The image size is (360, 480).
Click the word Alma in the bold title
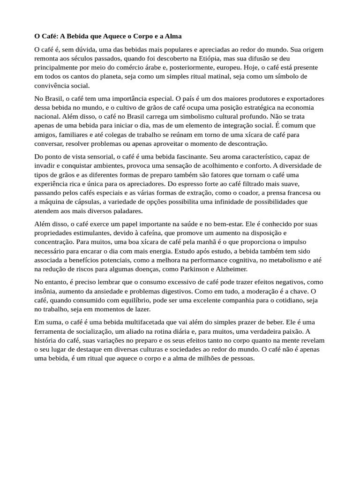pyautogui.click(x=172, y=36)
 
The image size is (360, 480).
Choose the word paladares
pyautogui.click(x=119, y=210)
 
